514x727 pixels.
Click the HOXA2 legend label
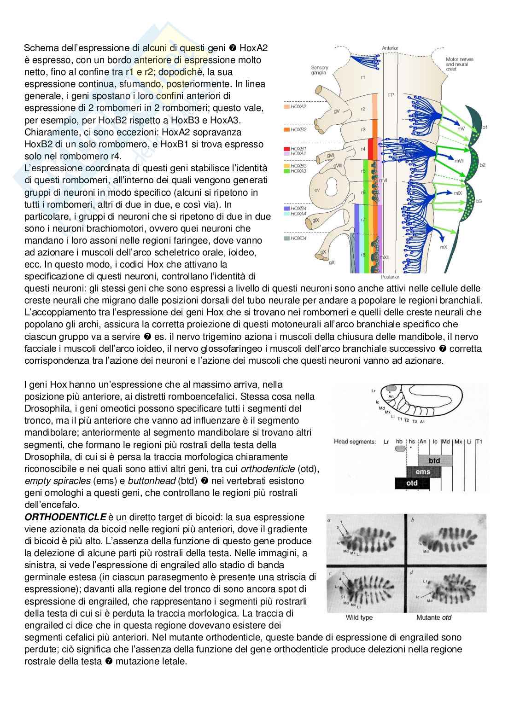tap(298, 106)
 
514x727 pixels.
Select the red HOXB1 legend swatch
tap(286, 149)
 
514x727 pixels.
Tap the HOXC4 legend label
tap(298, 238)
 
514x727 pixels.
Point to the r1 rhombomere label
tap(363, 77)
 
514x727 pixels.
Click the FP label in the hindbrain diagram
tap(391, 95)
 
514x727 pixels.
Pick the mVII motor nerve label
tap(459, 161)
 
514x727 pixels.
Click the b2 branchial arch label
tap(482, 164)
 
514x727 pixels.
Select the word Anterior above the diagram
tap(390, 48)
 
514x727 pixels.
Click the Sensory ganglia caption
tap(319, 70)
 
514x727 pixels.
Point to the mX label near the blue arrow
tap(444, 247)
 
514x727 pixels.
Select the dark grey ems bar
tap(423, 471)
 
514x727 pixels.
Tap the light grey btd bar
tap(435, 460)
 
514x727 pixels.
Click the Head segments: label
tap(355, 442)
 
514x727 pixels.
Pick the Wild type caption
tap(359, 617)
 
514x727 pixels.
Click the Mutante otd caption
tap(434, 617)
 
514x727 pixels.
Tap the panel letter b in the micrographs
tap(412, 520)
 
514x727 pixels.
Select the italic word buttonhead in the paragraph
tap(152, 481)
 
